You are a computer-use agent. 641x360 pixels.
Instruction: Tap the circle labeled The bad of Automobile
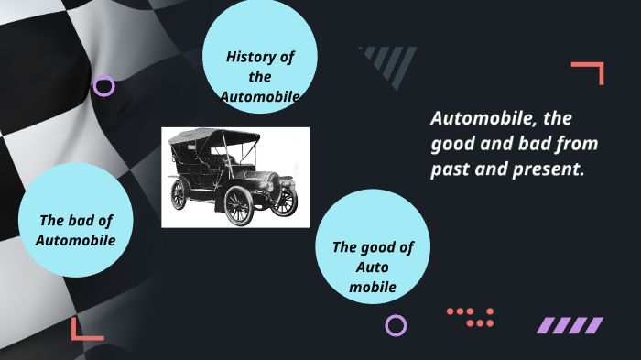76,221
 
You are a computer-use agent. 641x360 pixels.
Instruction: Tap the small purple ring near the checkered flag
104,86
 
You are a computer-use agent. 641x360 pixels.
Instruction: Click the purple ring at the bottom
396,325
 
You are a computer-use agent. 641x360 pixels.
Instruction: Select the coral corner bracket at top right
591,71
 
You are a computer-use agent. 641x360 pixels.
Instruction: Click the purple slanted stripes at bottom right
569,325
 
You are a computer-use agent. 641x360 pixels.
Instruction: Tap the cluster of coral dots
471,317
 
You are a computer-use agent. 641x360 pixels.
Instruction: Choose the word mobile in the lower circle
372,287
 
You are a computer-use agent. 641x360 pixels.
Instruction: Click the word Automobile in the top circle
260,96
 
